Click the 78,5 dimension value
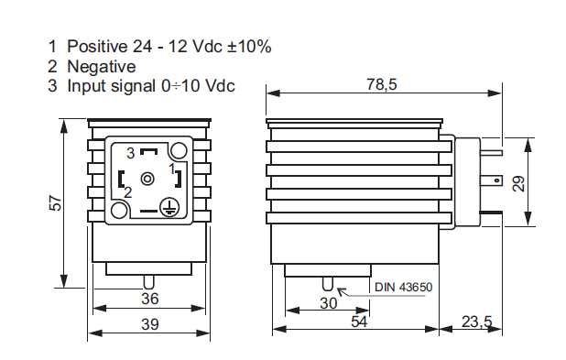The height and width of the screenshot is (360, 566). pyautogui.click(x=382, y=84)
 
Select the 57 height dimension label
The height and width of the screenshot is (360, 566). pyautogui.click(x=56, y=203)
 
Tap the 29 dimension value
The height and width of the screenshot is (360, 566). pyautogui.click(x=518, y=184)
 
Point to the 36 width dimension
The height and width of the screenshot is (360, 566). pyautogui.click(x=150, y=299)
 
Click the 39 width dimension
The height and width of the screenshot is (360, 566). pyautogui.click(x=150, y=324)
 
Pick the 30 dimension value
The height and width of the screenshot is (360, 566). pyautogui.click(x=328, y=303)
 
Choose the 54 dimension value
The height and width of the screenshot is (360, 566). pyautogui.click(x=359, y=322)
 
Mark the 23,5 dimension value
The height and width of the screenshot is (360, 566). pyautogui.click(x=477, y=322)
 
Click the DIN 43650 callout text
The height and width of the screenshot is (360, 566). pyautogui.click(x=403, y=288)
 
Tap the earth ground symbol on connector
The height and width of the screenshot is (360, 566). pyautogui.click(x=169, y=207)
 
